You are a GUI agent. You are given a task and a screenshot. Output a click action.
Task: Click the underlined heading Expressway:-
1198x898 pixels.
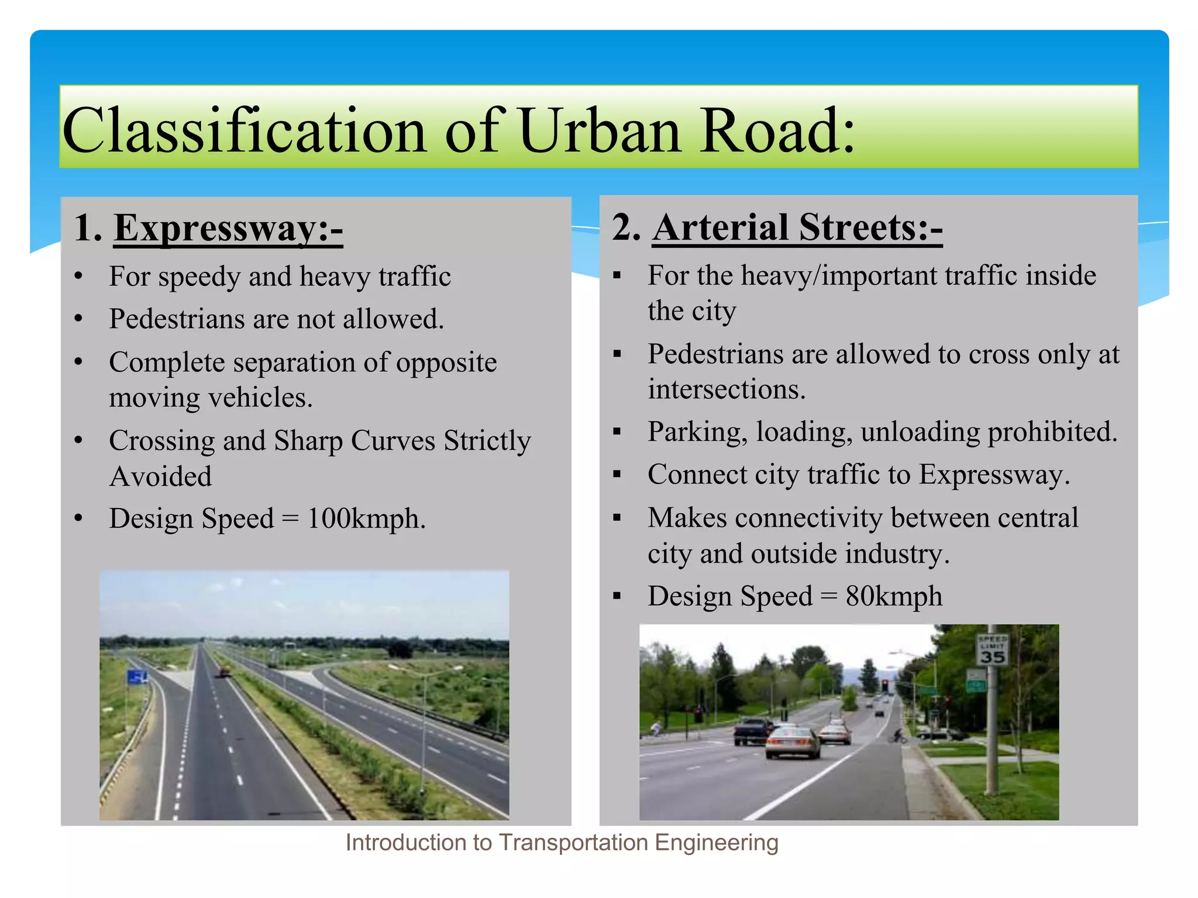click(228, 228)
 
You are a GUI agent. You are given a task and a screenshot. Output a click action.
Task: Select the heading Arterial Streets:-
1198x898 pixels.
click(797, 227)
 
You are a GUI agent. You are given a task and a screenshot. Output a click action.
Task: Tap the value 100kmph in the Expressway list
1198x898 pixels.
click(366, 519)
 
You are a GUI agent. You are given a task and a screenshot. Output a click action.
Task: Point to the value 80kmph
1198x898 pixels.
click(894, 597)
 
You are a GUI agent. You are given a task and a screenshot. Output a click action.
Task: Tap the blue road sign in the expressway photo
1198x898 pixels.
click(137, 678)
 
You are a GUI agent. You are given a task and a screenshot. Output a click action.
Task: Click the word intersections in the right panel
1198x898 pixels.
click(726, 390)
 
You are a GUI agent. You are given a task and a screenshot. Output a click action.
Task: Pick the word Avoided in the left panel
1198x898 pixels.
click(160, 476)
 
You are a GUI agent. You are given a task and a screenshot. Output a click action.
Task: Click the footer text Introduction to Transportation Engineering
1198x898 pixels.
click(562, 842)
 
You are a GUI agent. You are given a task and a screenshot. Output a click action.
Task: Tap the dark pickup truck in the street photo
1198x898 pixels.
click(753, 730)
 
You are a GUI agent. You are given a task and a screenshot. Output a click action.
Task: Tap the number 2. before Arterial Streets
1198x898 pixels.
click(625, 227)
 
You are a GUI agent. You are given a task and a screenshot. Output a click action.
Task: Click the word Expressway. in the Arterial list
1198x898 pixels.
click(994, 475)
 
